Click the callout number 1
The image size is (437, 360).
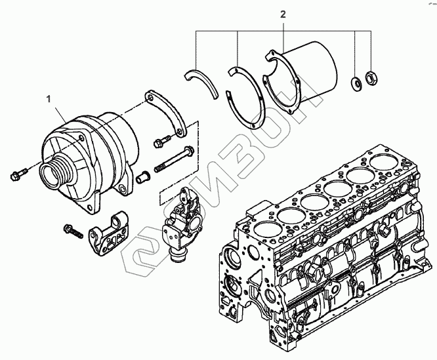[47, 99]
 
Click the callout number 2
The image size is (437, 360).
[283, 14]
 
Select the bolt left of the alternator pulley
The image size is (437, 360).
[16, 173]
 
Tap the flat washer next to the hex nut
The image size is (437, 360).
[355, 83]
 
